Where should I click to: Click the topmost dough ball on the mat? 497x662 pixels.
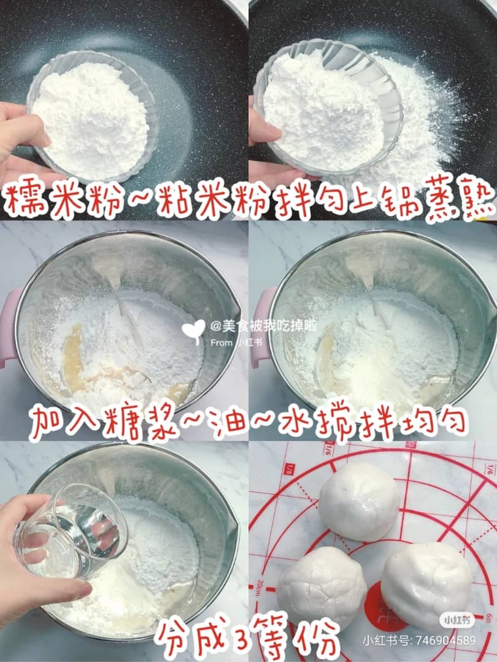click(359, 501)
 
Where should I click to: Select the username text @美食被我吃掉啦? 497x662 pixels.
click(263, 326)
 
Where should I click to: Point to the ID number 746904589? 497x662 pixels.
click(446, 641)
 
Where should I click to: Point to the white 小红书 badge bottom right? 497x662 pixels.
click(457, 620)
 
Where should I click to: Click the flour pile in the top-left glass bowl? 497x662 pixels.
click(90, 118)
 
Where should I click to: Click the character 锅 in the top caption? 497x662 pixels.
click(398, 199)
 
